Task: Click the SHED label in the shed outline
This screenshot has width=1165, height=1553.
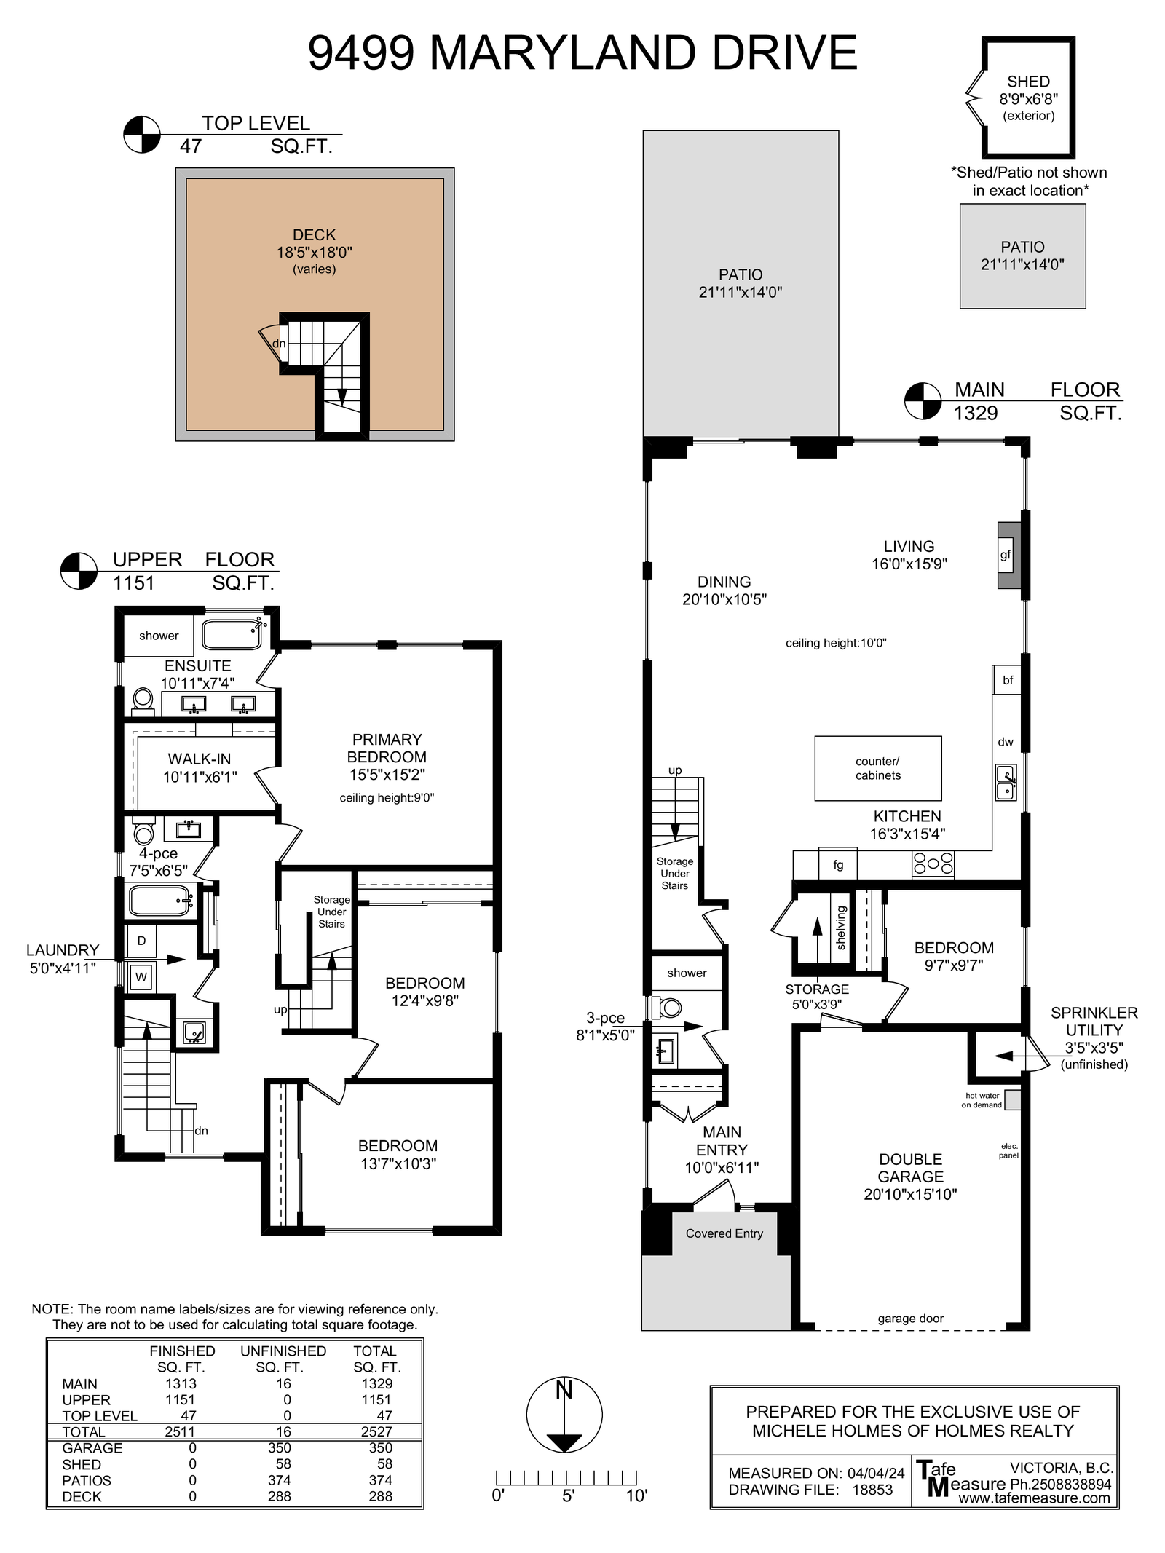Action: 1028,82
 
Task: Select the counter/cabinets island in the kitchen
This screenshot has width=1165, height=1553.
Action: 878,768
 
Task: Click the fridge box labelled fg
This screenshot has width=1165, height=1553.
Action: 837,864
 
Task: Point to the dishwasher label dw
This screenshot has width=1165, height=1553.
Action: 1006,742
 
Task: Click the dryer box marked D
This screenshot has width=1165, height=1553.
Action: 141,941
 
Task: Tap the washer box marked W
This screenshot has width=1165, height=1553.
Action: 141,977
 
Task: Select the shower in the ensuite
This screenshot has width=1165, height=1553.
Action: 158,636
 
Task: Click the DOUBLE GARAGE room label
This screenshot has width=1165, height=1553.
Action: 911,1168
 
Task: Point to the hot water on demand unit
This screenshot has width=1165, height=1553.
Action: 1012,1099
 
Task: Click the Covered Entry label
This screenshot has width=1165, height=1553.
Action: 724,1233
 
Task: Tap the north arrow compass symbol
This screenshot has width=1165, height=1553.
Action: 564,1415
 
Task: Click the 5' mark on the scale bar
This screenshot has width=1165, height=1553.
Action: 568,1495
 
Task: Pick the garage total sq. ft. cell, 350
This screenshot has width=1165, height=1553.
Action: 380,1448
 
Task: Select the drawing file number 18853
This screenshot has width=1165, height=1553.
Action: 872,1490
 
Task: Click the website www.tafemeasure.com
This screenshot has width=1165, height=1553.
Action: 1034,1498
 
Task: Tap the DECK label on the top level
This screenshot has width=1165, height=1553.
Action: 315,235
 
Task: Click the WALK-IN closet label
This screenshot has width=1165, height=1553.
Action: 200,759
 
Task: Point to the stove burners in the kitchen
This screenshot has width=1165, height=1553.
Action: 933,864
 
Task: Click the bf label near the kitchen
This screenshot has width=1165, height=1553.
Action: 1008,680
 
